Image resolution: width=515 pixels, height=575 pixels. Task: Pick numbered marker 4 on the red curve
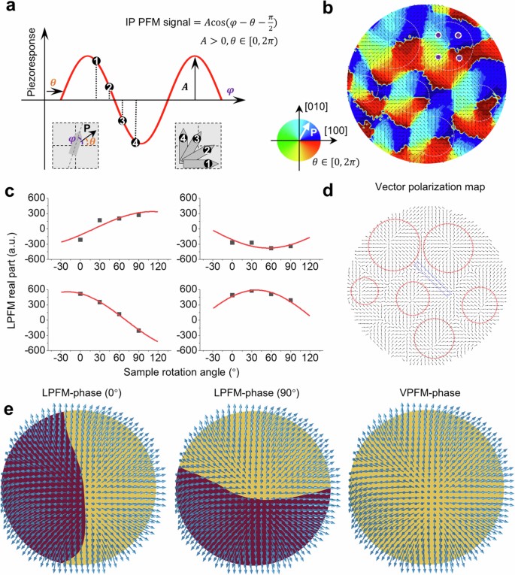135,142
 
